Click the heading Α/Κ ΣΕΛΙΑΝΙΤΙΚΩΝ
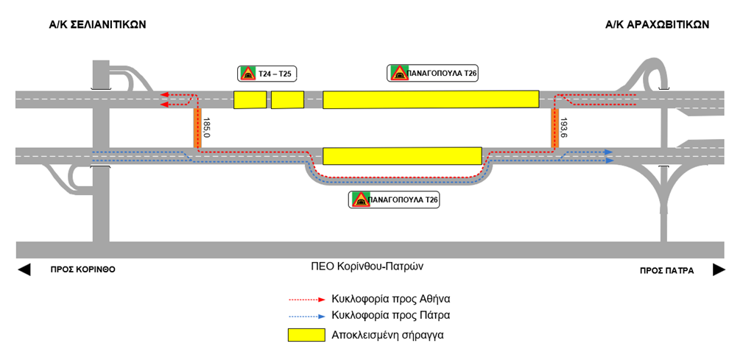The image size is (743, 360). tap(97, 24)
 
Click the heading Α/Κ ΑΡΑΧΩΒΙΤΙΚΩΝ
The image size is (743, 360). tap(658, 24)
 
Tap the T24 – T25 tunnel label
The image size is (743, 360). tap(276, 74)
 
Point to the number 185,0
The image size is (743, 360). tap(206, 128)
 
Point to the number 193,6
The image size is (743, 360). tap(564, 128)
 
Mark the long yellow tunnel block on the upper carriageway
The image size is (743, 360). tap(431, 99)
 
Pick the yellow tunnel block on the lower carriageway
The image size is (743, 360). tap(402, 156)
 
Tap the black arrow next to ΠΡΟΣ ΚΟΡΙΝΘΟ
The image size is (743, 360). tap(24, 270)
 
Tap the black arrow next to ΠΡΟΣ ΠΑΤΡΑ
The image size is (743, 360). tap(719, 270)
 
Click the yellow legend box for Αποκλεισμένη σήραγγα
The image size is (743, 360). tap(306, 334)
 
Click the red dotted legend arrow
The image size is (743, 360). tap(306, 300)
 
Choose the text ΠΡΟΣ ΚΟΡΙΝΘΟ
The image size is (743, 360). tap(83, 270)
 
